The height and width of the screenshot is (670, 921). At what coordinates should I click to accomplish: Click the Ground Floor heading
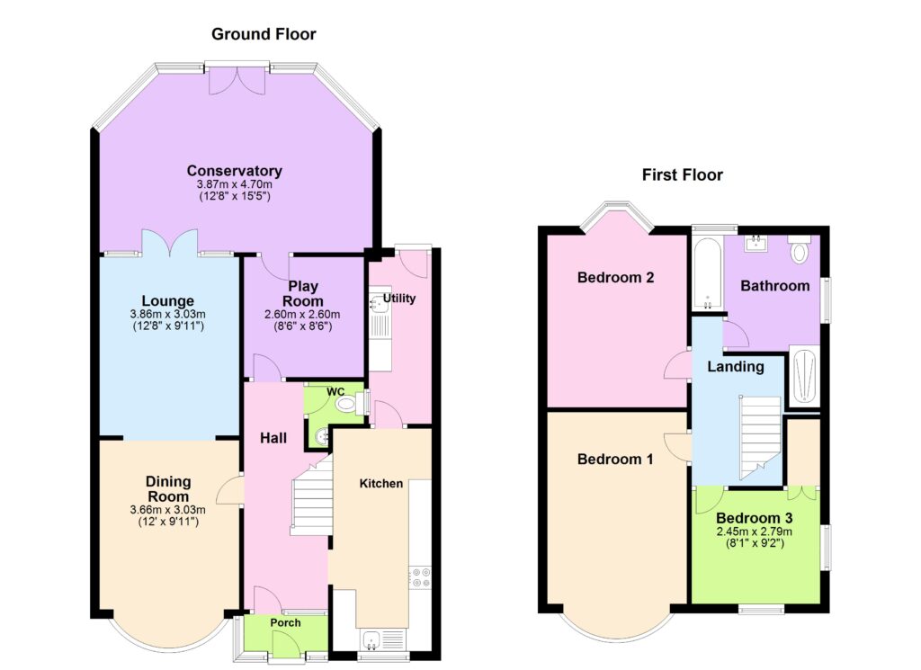[x=264, y=34]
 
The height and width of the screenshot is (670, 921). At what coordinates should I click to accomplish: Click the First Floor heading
[x=682, y=175]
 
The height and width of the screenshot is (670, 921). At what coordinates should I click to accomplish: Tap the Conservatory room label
[x=235, y=171]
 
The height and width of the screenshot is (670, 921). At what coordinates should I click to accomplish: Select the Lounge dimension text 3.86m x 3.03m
[x=168, y=314]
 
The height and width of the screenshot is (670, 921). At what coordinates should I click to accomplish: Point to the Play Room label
[x=303, y=293]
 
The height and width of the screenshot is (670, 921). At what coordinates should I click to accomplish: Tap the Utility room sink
[x=377, y=304]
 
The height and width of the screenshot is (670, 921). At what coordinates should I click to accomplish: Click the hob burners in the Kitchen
[x=421, y=576]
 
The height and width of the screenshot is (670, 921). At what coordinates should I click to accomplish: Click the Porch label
[x=285, y=622]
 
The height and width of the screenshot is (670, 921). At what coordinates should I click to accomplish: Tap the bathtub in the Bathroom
[x=707, y=273]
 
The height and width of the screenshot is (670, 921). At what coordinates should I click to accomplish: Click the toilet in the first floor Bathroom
[x=799, y=251]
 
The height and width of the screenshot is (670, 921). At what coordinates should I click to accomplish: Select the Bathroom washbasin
[x=756, y=244]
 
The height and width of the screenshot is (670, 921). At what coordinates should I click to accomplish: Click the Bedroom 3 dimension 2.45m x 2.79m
[x=755, y=532]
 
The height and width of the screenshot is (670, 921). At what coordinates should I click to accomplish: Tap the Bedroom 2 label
[x=615, y=277]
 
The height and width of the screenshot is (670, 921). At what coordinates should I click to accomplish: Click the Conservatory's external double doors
[x=237, y=80]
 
